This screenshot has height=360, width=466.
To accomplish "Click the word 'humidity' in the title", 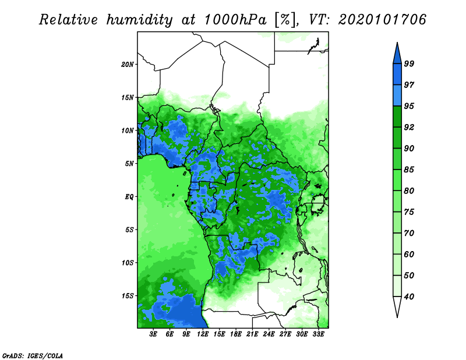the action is pyautogui.click(x=139, y=20).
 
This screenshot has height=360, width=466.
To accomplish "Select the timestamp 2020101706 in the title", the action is pyautogui.click(x=382, y=20).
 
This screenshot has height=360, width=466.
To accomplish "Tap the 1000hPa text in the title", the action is pyautogui.click(x=235, y=20).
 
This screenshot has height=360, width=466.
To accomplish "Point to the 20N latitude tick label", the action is pyautogui.click(x=128, y=65).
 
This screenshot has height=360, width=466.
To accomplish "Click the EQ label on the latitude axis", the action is pyautogui.click(x=129, y=197).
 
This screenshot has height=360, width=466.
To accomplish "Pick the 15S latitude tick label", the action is pyautogui.click(x=128, y=296).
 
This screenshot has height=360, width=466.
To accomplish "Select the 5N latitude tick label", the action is pyautogui.click(x=129, y=164).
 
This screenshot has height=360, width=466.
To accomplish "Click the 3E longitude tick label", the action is pyautogui.click(x=153, y=334).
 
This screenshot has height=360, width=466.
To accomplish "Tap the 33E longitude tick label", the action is pyautogui.click(x=318, y=334).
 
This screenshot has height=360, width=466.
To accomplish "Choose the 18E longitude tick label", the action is pyautogui.click(x=236, y=334).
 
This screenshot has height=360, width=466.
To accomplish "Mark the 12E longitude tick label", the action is pyautogui.click(x=203, y=334).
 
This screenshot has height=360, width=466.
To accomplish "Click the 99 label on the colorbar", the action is pyautogui.click(x=409, y=63).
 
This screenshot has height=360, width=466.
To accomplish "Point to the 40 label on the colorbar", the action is pyautogui.click(x=409, y=297).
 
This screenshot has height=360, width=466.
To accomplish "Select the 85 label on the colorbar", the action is pyautogui.click(x=409, y=170).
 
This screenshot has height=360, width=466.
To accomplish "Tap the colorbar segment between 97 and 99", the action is pyautogui.click(x=397, y=75).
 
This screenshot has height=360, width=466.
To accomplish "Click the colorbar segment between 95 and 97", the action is pyautogui.click(x=397, y=96).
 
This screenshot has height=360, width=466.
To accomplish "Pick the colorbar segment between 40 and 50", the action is pyautogui.click(x=397, y=286).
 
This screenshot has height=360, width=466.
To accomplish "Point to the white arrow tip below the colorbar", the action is pyautogui.click(x=397, y=317).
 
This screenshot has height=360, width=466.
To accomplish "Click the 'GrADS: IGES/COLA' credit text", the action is pyautogui.click(x=33, y=355).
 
